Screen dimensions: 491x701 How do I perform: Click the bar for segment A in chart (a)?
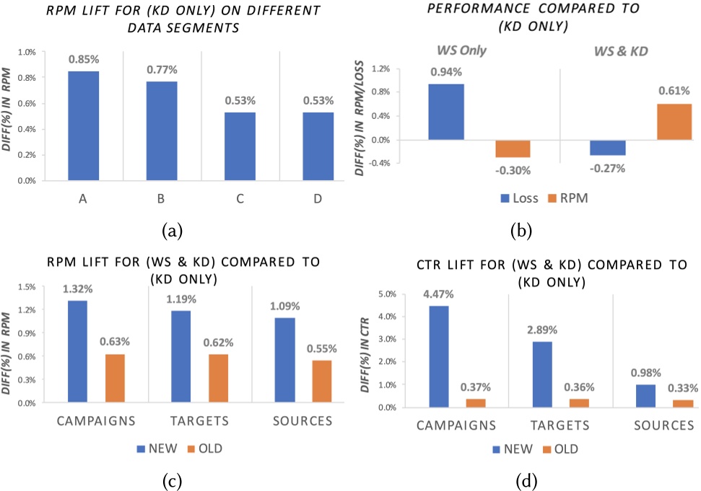84,125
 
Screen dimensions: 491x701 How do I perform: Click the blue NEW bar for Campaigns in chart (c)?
87,351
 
